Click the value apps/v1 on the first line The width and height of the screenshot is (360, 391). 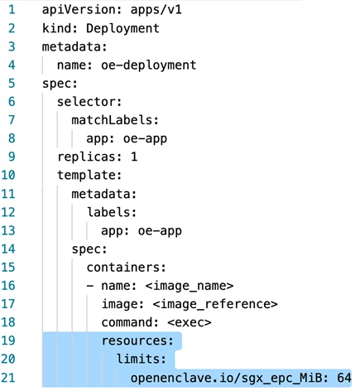point(156,10)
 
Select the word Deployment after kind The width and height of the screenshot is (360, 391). point(122,28)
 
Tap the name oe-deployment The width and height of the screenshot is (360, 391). point(148,65)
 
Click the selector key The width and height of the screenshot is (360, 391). point(89,102)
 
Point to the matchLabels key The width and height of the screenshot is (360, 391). point(115,120)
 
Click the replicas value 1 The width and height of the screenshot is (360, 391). point(134,157)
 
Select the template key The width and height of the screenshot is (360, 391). point(89,176)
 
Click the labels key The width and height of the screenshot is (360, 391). point(112,212)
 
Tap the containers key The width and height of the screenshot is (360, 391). point(127,268)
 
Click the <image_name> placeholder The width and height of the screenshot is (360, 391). point(190,286)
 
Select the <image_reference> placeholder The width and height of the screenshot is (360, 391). point(215,304)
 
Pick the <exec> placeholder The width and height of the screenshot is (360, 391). point(190,322)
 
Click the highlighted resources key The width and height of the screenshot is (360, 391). point(137,340)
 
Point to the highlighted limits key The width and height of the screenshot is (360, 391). point(142,359)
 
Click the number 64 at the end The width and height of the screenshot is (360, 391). point(344,378)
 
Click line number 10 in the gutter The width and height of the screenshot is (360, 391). point(8,175)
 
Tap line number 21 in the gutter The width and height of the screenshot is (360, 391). point(8,378)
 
